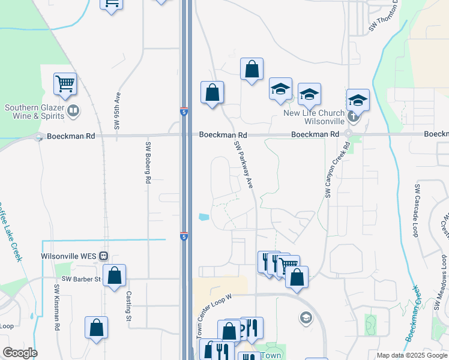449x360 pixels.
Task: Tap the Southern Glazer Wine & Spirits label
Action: point(34,112)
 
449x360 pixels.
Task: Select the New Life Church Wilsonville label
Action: point(314,116)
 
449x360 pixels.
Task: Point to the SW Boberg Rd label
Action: point(147,162)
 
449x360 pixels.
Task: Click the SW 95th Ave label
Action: point(118,110)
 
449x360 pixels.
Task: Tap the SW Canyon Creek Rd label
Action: point(337,170)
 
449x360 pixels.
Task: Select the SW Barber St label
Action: point(82,279)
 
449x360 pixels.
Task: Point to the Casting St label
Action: point(128,306)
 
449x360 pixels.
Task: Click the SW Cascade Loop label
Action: point(415,210)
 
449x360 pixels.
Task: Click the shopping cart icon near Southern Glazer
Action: point(65,84)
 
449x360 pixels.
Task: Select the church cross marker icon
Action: point(353,116)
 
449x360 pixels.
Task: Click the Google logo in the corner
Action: point(20,353)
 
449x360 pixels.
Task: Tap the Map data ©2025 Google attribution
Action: point(412,356)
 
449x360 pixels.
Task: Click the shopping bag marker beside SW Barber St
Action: point(114,276)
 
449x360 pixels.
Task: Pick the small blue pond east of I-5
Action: point(204,217)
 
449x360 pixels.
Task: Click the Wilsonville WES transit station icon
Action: point(103,256)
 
